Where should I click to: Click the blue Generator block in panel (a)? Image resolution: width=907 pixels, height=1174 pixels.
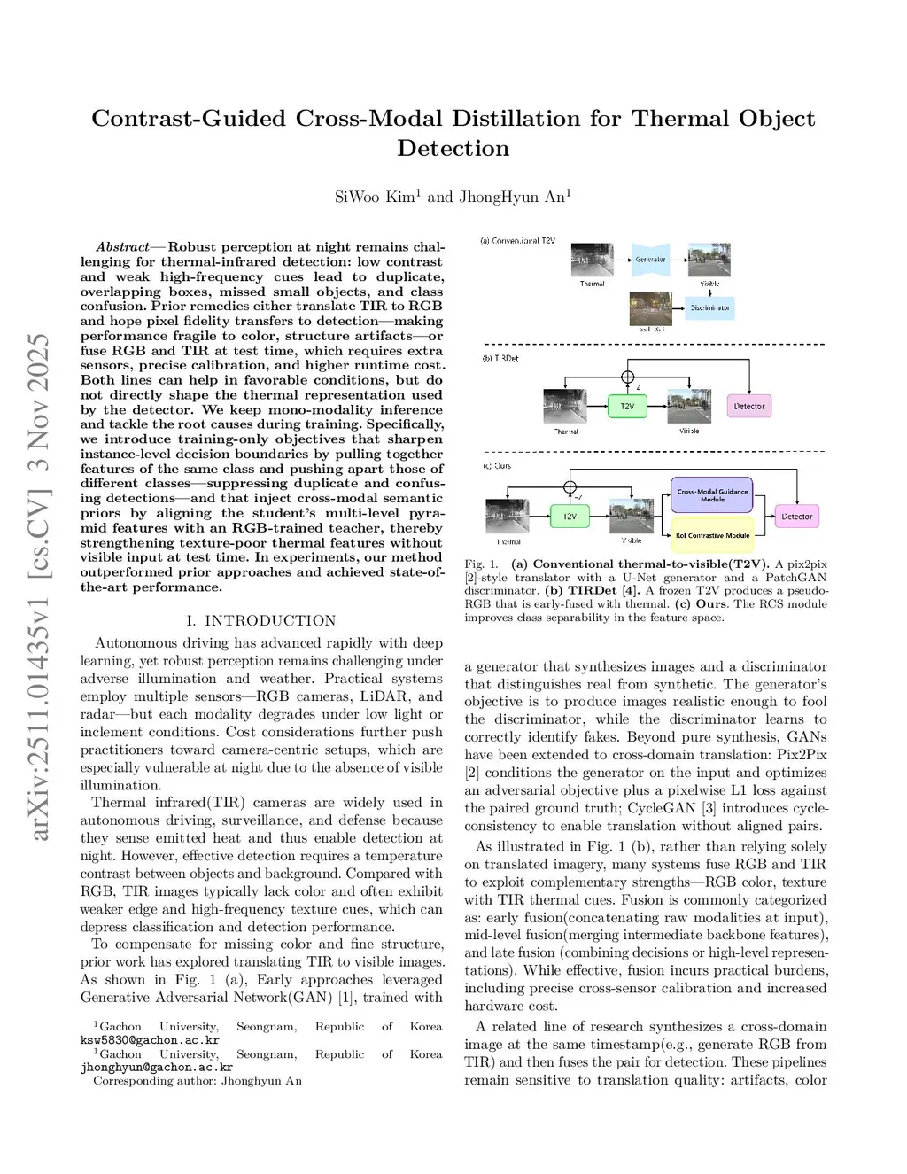650,260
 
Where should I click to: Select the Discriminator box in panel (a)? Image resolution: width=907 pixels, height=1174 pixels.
710,307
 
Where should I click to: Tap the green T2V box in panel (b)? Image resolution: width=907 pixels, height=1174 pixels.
627,406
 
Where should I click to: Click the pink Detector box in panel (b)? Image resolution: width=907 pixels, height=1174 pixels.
748,406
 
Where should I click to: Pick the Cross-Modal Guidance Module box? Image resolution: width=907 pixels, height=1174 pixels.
712,495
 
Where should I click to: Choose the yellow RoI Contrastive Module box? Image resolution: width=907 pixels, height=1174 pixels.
712,535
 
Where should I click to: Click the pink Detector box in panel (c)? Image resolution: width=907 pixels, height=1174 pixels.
796,516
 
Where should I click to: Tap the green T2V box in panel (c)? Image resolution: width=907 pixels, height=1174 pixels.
570,516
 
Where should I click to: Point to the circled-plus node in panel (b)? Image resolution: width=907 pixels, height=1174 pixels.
628,377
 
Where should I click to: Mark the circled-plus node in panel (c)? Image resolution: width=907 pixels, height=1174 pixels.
570,486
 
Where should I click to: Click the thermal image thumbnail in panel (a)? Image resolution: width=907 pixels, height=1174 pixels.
593,260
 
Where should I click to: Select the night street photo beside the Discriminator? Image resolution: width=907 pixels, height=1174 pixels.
651,308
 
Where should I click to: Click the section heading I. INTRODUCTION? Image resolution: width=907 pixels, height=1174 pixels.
261,620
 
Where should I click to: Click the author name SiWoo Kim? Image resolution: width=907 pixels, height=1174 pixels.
377,197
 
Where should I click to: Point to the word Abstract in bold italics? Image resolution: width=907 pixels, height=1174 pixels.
122,247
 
